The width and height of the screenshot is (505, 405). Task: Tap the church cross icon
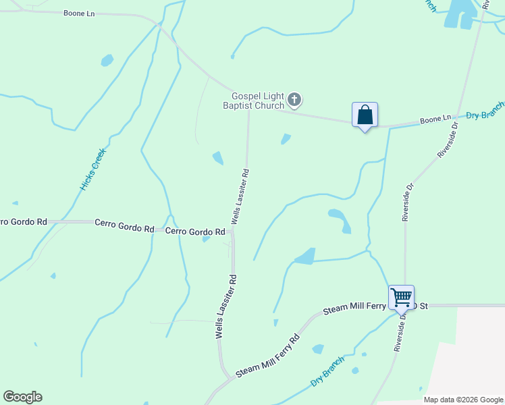(294, 100)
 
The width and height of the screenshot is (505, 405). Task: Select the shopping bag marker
(365, 115)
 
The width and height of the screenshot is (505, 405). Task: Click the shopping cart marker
(401, 297)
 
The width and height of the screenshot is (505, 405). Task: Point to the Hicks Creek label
(94, 169)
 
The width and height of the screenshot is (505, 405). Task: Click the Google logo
(22, 397)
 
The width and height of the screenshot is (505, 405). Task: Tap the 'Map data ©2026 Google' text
(463, 400)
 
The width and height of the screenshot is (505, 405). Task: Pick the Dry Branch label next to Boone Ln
(485, 112)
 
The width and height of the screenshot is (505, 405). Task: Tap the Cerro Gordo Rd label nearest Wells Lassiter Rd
(195, 232)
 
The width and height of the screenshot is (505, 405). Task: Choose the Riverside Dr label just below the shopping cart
(398, 331)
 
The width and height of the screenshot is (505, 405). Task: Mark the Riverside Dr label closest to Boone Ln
(448, 139)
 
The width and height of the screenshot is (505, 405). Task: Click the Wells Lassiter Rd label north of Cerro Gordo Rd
(240, 196)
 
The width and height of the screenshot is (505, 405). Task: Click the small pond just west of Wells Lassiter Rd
(218, 158)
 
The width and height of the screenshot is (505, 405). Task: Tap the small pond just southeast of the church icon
(286, 139)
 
